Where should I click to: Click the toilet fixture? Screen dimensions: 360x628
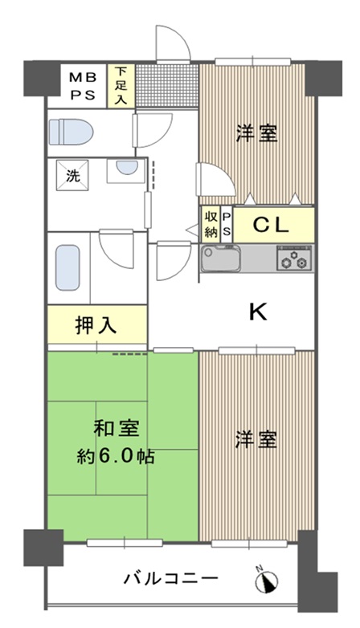click(71, 132)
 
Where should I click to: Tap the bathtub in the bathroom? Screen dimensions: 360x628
click(67, 267)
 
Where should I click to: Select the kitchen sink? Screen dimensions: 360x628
click(221, 259)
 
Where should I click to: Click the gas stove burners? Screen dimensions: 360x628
click(294, 259)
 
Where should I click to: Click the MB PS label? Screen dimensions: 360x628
click(83, 86)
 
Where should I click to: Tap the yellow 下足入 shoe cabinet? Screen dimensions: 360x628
click(121, 86)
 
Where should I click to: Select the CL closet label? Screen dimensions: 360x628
click(271, 226)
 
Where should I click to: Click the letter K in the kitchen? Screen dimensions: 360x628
click(258, 312)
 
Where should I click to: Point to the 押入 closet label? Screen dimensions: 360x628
click(96, 325)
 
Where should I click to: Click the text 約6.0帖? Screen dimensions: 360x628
click(116, 456)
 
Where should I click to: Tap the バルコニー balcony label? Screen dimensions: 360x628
click(171, 578)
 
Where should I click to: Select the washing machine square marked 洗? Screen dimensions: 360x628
click(72, 175)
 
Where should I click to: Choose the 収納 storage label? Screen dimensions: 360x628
click(211, 225)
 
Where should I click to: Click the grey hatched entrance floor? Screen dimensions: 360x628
click(167, 86)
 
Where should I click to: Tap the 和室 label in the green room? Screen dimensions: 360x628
click(117, 428)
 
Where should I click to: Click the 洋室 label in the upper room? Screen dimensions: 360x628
click(256, 133)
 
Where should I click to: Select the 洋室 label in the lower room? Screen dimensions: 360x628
click(256, 439)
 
